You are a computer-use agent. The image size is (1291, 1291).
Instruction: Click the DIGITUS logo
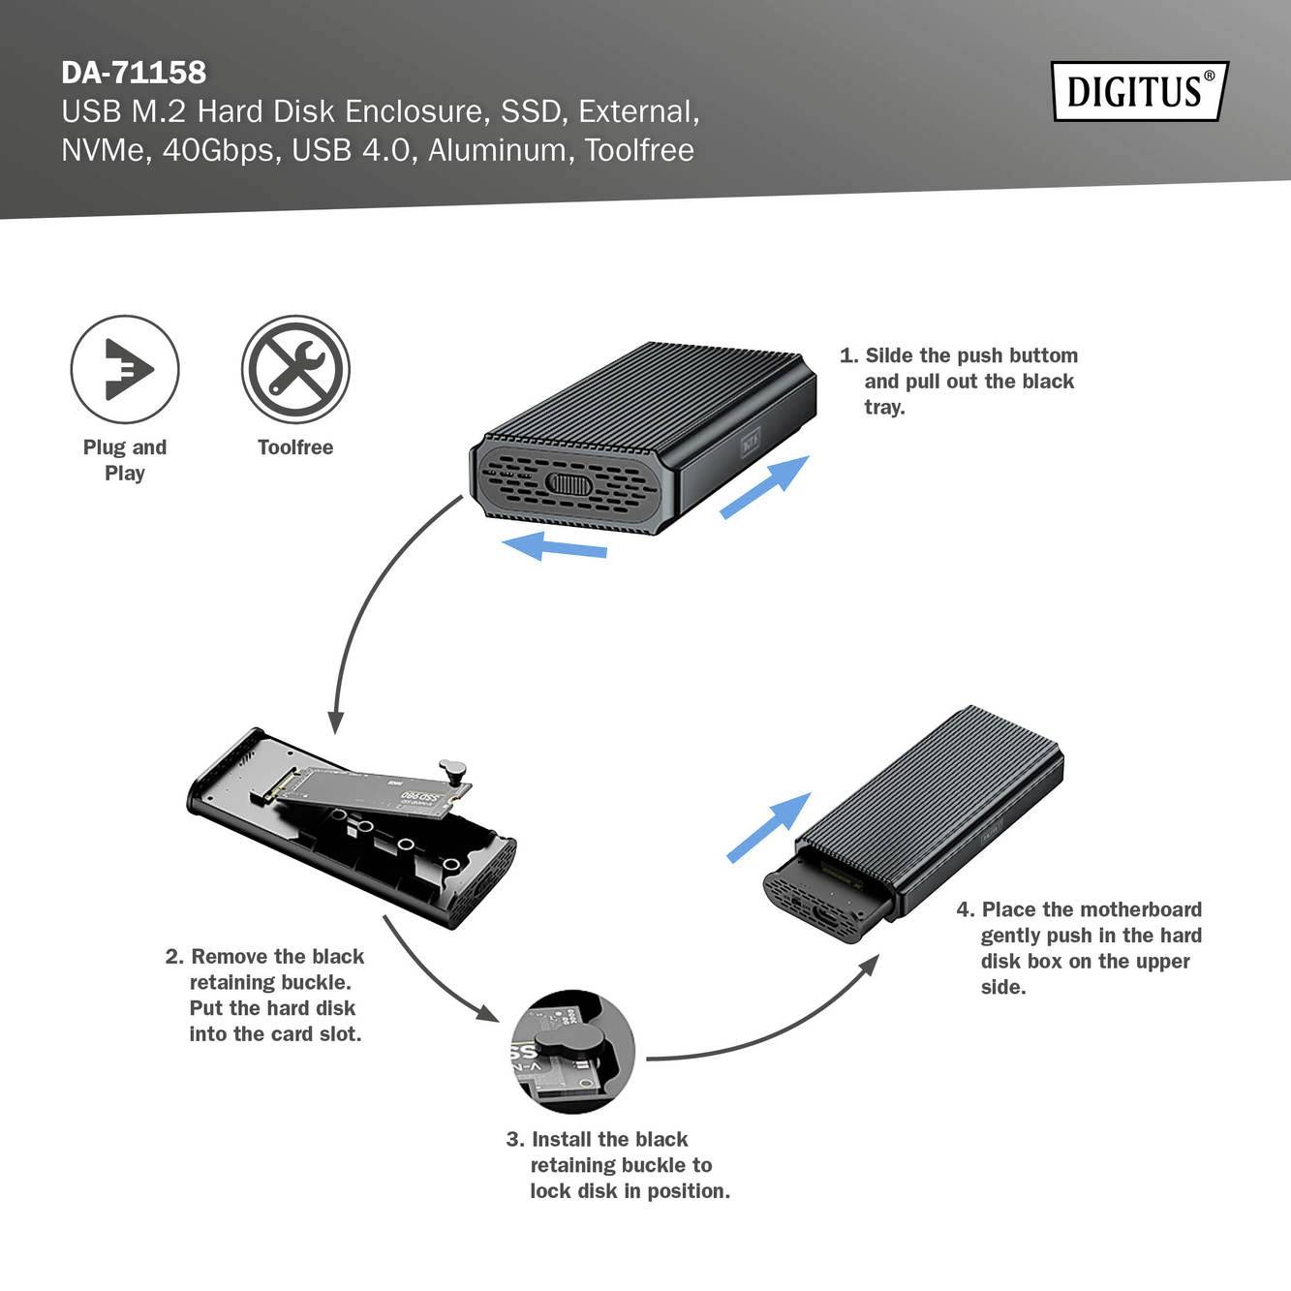(1139, 91)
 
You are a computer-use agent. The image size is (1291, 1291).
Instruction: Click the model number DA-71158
(134, 73)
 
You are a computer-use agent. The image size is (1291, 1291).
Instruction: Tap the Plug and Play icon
(125, 369)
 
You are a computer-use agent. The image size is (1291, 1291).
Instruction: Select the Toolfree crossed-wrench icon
(295, 369)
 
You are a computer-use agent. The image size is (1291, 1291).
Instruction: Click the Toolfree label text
(295, 447)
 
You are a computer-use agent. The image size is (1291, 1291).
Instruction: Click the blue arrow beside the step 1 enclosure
(764, 486)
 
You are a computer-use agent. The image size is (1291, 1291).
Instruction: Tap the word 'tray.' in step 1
(884, 408)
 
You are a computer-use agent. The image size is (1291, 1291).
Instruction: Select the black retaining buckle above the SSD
(452, 773)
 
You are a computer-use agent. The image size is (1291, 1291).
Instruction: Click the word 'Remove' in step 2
(231, 957)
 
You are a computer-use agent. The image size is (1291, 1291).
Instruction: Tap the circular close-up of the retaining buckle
(572, 1052)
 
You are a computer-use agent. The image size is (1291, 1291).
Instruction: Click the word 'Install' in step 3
(562, 1140)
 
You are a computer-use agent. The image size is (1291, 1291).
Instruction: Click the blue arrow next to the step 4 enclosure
(769, 827)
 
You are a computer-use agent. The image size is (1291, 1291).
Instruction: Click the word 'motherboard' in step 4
(1140, 909)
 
